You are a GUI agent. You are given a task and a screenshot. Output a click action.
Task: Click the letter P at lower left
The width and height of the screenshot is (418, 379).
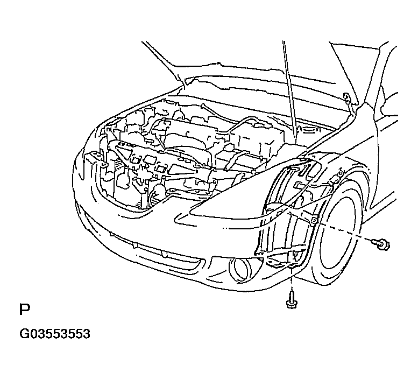click(x=25, y=309)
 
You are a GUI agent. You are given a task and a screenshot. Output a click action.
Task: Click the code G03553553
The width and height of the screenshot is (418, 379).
click(x=55, y=334)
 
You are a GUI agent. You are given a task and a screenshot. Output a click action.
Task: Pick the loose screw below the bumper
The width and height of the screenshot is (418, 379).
click(x=292, y=300)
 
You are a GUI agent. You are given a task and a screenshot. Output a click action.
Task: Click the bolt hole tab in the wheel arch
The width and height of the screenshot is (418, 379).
click(x=314, y=220)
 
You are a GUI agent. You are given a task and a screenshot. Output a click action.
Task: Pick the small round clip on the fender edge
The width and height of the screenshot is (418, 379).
click(x=340, y=174)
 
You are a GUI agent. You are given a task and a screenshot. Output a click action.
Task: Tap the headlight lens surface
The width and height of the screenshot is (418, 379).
click(x=240, y=195)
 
